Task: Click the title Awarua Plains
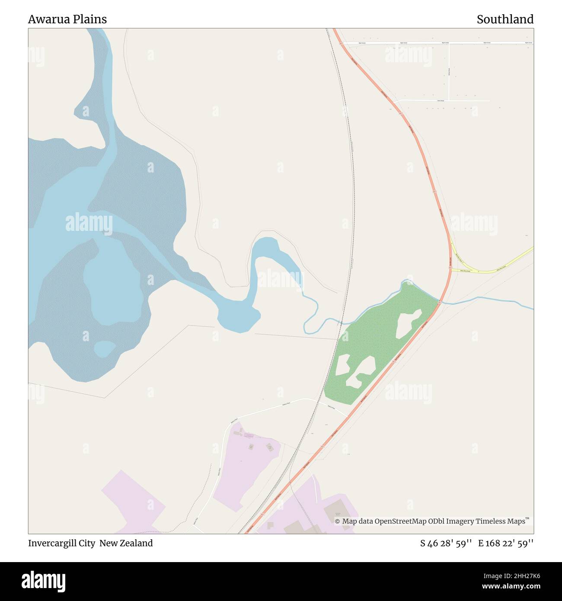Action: click(x=67, y=19)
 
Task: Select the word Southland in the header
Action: click(x=505, y=19)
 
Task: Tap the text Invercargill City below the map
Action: click(x=61, y=543)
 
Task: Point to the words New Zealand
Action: click(x=126, y=543)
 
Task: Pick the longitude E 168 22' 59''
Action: click(x=506, y=543)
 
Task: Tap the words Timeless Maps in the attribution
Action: click(x=501, y=521)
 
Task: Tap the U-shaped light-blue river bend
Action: click(x=268, y=251)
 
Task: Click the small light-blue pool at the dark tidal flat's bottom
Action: click(x=104, y=348)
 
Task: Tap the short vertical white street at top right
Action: click(x=449, y=72)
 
